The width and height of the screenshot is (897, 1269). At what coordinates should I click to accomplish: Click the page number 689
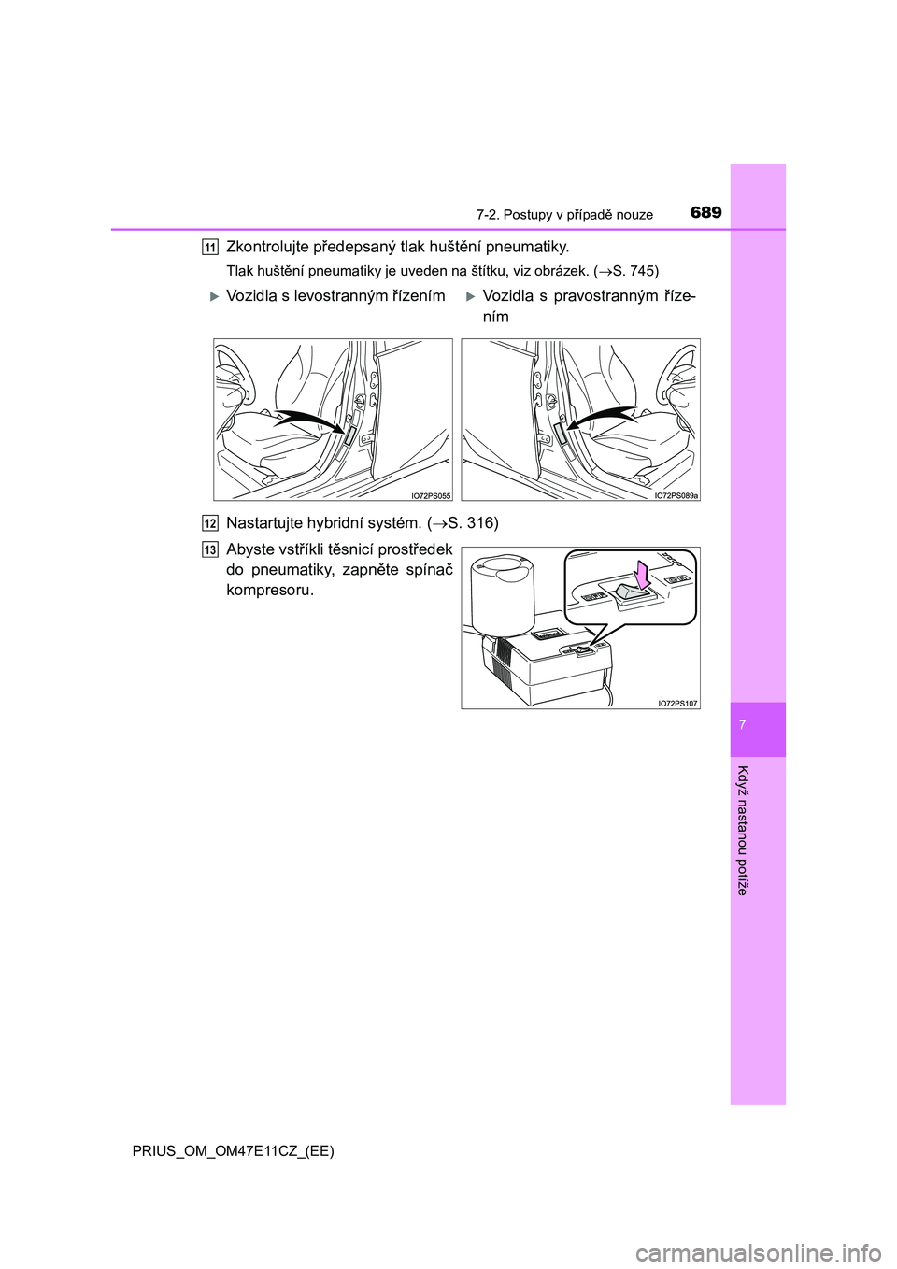(x=705, y=212)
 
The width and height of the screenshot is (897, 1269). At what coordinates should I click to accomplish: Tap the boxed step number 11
(x=210, y=247)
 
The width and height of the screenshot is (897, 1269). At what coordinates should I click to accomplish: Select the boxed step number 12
(x=210, y=523)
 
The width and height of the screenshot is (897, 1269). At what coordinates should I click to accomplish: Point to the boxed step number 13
(x=210, y=549)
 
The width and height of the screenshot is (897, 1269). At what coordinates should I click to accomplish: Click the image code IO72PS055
(x=431, y=495)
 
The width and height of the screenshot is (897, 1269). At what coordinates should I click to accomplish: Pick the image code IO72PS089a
(x=676, y=495)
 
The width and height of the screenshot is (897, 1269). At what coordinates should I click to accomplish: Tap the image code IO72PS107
(x=677, y=703)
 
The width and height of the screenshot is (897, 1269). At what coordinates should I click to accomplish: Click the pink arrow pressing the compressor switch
(x=641, y=574)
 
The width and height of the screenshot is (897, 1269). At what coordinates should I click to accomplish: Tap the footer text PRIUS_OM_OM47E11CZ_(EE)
(x=233, y=1150)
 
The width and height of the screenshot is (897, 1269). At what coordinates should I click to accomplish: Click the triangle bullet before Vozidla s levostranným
(x=214, y=296)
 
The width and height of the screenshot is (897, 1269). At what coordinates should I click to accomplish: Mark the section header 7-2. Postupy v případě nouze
(x=564, y=215)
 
